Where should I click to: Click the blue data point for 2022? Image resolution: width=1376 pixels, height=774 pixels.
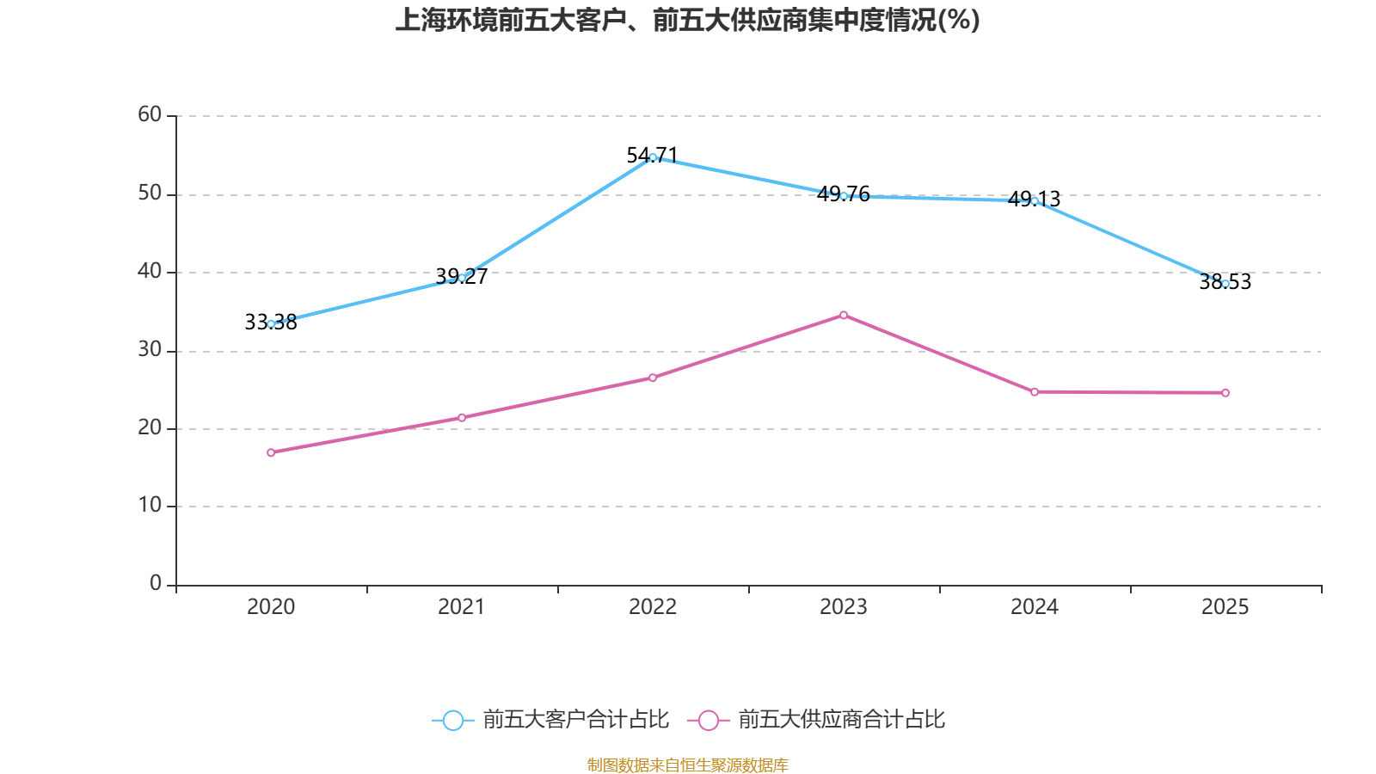tap(653, 157)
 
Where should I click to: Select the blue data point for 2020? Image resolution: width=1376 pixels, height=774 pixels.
tap(271, 324)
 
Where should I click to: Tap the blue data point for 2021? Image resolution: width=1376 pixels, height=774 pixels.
tap(462, 278)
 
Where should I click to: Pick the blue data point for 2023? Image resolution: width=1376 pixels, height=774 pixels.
tap(844, 196)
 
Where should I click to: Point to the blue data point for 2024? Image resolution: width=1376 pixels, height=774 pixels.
tap(1035, 200)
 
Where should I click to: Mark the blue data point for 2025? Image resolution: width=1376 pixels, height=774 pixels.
tap(1225, 284)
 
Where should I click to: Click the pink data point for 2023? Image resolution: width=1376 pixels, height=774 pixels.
tap(844, 315)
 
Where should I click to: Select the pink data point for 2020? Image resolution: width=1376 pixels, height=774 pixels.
tap(271, 452)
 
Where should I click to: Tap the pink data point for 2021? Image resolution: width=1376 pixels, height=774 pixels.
tap(462, 418)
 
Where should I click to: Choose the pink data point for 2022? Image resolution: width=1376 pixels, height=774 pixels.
tap(653, 378)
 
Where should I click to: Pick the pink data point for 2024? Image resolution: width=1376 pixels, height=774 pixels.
tap(1035, 392)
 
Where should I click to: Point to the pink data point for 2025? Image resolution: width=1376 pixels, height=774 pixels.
tap(1225, 393)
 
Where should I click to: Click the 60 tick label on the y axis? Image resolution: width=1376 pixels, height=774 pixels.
tap(150, 114)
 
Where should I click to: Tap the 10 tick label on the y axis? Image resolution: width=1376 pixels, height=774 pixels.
tap(150, 506)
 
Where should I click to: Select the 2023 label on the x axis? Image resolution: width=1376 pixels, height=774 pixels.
tap(844, 607)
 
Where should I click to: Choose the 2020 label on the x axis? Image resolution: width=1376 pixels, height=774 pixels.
tap(271, 607)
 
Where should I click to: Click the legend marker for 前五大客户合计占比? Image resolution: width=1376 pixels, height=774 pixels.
tap(452, 720)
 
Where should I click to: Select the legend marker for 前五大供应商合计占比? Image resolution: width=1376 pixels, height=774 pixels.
tap(709, 720)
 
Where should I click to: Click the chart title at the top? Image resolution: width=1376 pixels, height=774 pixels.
tap(687, 21)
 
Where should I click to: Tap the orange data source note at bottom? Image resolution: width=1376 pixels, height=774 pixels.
tap(687, 765)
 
